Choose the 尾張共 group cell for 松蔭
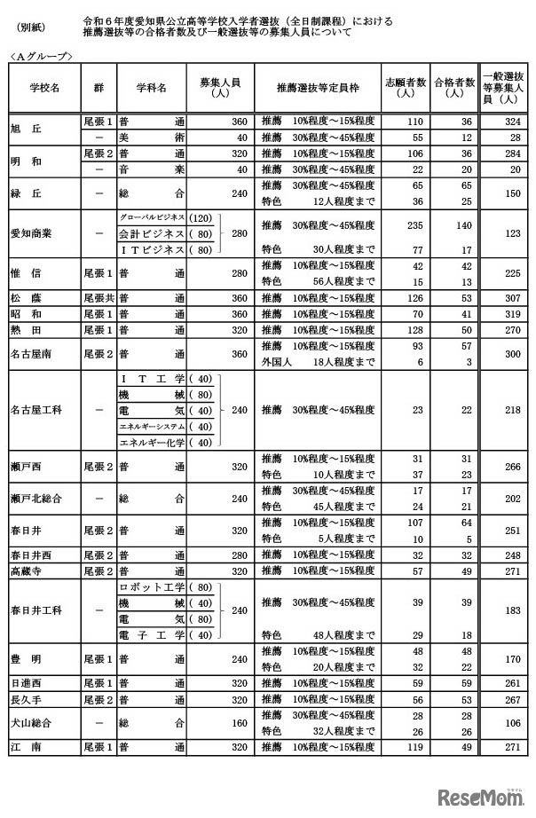point(97,297)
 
